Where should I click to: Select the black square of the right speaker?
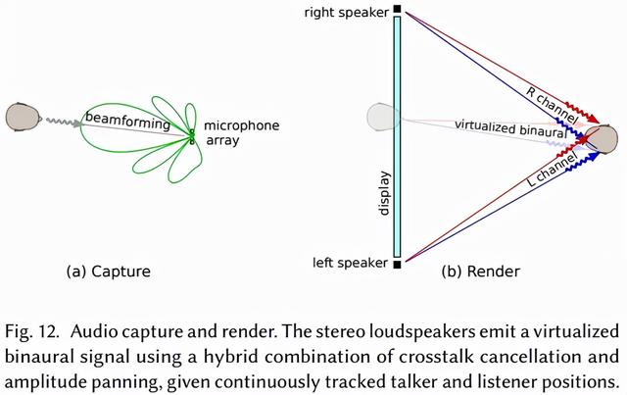[398, 11]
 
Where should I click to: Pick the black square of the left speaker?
[398, 264]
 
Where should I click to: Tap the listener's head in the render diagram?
[603, 139]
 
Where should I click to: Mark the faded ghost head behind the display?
[379, 117]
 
